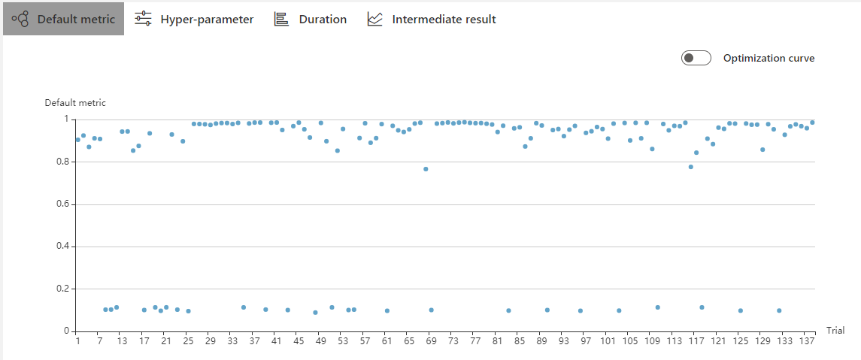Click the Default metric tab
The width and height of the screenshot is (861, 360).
[x=63, y=19]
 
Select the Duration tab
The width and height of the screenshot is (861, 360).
[x=310, y=19]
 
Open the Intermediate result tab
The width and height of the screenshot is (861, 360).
[x=431, y=19]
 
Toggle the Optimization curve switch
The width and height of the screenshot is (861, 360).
[x=696, y=58]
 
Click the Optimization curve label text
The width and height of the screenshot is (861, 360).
[x=769, y=58]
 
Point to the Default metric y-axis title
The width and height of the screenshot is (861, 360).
[x=75, y=103]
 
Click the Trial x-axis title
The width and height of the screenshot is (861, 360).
[x=835, y=331]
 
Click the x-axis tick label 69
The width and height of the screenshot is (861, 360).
[x=431, y=341]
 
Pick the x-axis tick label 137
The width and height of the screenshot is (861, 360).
[x=806, y=341]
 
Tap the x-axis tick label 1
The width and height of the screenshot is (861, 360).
[x=77, y=341]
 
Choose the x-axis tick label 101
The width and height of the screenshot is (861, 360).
[x=608, y=341]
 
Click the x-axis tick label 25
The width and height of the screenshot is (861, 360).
[x=188, y=341]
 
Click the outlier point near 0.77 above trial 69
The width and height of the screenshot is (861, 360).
[x=426, y=169]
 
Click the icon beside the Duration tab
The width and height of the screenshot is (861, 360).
[x=281, y=19]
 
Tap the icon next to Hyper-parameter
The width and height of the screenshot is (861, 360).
[x=143, y=19]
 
